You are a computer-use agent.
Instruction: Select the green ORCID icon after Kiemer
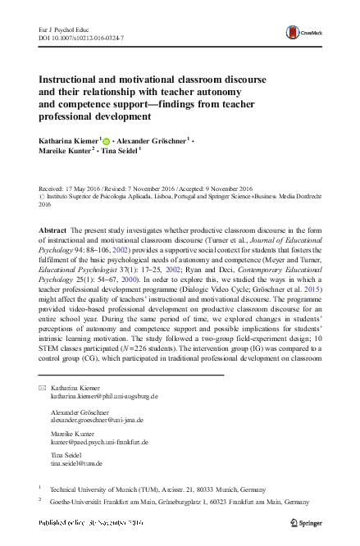(x=106, y=140)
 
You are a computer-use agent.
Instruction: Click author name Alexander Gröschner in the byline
(x=153, y=140)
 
